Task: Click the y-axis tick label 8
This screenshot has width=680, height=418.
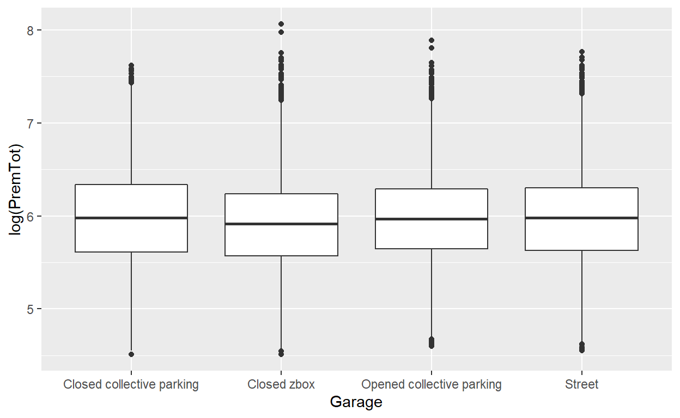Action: [31, 30]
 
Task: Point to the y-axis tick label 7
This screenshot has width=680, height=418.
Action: [31, 123]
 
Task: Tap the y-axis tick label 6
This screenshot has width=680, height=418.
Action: [31, 216]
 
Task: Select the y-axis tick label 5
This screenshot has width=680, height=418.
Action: [31, 309]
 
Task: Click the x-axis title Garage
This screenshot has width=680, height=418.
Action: [356, 403]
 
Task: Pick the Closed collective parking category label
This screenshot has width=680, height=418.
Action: [131, 385]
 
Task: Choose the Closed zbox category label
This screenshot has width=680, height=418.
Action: [281, 385]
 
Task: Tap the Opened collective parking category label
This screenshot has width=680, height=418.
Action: [432, 385]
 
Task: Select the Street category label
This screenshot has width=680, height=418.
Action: [581, 385]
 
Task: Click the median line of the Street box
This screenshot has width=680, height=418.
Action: [581, 218]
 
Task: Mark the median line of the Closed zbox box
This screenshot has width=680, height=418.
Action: [281, 224]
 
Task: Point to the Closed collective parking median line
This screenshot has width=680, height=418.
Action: [131, 218]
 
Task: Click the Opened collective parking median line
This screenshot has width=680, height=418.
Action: [432, 219]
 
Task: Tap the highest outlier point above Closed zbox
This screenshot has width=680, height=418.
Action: [281, 24]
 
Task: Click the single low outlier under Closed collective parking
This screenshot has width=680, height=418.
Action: [131, 354]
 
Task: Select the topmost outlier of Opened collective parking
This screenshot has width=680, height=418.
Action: [432, 40]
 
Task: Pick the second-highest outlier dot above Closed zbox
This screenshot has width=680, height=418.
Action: [281, 32]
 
